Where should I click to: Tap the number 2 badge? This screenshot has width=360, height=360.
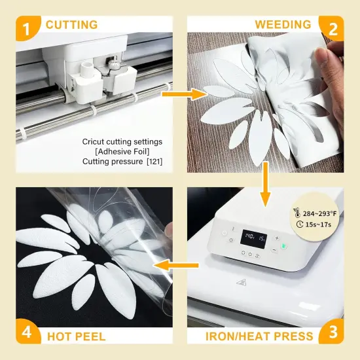[x=332, y=28]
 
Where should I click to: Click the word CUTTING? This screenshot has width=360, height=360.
[x=71, y=25]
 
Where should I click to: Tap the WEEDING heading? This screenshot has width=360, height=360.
[x=283, y=25]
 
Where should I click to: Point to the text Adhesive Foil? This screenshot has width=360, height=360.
[x=123, y=151]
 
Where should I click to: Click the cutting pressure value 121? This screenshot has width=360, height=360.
[x=154, y=161]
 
